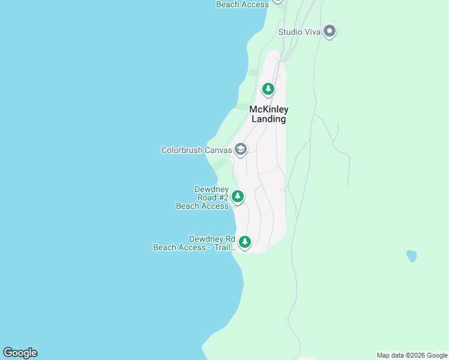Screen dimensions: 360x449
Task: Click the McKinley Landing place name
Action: tap(268, 114)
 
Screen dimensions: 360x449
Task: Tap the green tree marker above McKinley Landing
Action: tap(268, 89)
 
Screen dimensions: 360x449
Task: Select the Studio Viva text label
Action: tap(299, 32)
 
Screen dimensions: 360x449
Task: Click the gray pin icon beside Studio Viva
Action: tap(329, 31)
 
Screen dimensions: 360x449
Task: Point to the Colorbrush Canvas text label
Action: tap(196, 150)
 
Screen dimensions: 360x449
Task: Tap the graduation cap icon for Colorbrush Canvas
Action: tap(241, 149)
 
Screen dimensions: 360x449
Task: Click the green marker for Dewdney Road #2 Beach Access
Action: tap(238, 196)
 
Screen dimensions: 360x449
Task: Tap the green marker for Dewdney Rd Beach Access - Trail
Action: tap(244, 242)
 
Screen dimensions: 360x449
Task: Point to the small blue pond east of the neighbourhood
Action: tap(411, 256)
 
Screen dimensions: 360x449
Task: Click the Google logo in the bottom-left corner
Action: tap(20, 353)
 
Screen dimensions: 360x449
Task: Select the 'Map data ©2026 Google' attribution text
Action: tap(412, 355)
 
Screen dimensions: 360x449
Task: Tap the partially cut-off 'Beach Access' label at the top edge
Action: tap(243, 4)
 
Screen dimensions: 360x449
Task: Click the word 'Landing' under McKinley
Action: tap(268, 119)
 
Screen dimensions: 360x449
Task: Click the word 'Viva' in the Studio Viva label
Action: tap(310, 32)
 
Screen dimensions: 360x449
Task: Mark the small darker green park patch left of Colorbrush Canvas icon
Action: tap(220, 163)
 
